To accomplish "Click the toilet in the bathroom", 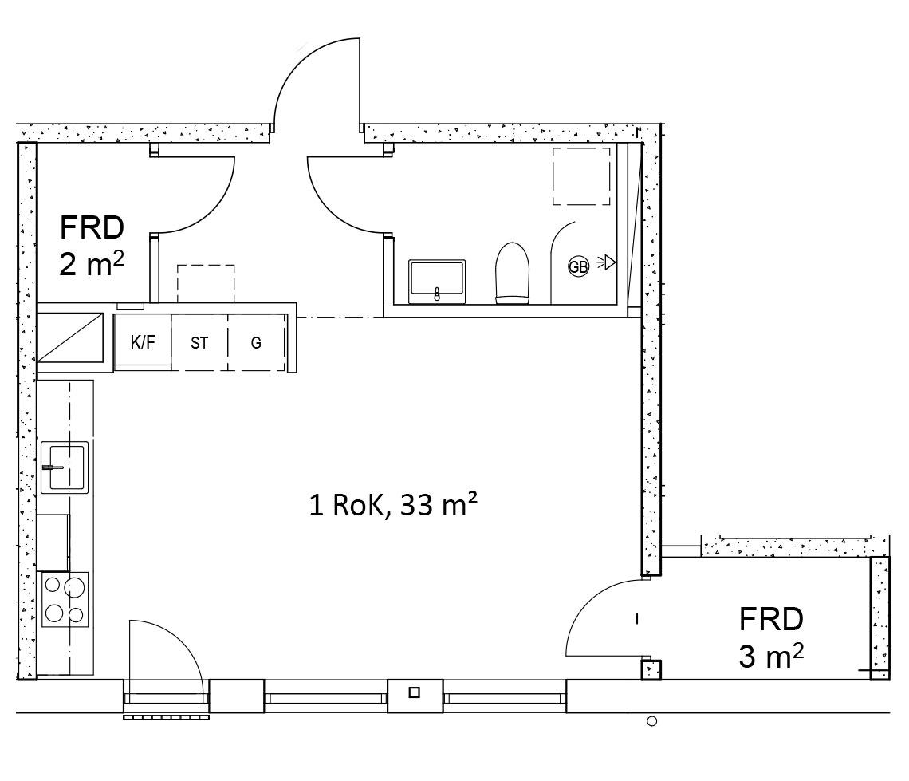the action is pyautogui.click(x=513, y=273).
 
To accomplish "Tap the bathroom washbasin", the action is pyautogui.click(x=436, y=281).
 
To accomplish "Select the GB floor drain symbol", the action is pyautogui.click(x=578, y=266).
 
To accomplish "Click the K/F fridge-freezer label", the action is pyautogui.click(x=143, y=343).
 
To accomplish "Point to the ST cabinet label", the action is pyautogui.click(x=199, y=343).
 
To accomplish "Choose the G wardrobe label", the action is pyautogui.click(x=256, y=343).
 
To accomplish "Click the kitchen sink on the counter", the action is pyautogui.click(x=65, y=467).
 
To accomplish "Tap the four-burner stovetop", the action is pyautogui.click(x=65, y=600).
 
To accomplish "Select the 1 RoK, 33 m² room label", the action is pyautogui.click(x=393, y=504).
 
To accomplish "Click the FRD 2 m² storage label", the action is pyautogui.click(x=92, y=246).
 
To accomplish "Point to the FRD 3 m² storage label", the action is pyautogui.click(x=771, y=637).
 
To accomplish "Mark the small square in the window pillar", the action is pyautogui.click(x=414, y=692).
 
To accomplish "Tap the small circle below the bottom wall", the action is pyautogui.click(x=651, y=721).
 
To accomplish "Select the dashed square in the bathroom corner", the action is pyautogui.click(x=580, y=176).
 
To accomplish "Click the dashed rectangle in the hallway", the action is pyautogui.click(x=206, y=283).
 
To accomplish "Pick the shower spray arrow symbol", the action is pyautogui.click(x=606, y=262).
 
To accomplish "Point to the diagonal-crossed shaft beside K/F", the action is pyautogui.click(x=70, y=337).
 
